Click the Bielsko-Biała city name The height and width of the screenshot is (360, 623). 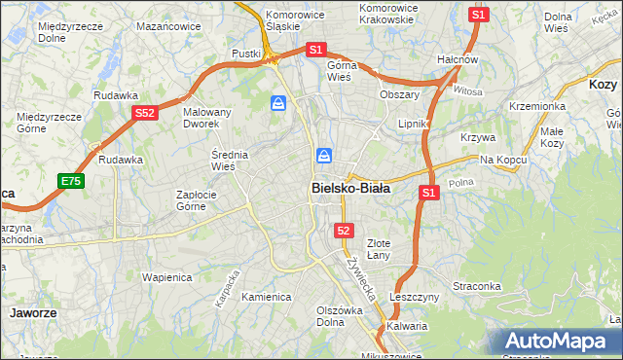[350, 188]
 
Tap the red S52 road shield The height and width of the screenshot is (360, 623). [145, 113]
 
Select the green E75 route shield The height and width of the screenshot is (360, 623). [70, 181]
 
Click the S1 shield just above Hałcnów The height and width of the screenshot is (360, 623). [478, 15]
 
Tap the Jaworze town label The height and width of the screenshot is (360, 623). [31, 313]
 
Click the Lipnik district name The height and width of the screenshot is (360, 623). [414, 125]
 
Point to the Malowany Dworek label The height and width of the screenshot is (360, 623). [206, 118]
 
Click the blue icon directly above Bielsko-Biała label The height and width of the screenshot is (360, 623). [324, 156]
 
